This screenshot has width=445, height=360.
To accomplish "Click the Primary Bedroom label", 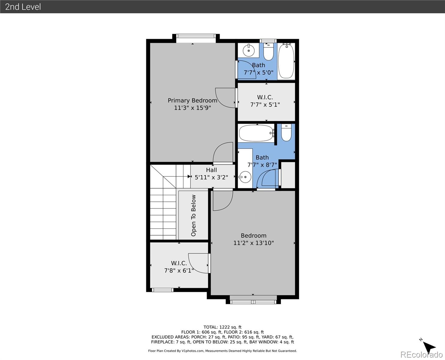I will click(x=192, y=100).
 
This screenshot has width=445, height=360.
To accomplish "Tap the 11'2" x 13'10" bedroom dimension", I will click(x=253, y=243).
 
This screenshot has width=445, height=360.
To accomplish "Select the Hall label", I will click(x=211, y=170).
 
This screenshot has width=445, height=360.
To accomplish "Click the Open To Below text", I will click(x=193, y=215).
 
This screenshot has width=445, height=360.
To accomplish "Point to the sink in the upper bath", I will click(x=248, y=50).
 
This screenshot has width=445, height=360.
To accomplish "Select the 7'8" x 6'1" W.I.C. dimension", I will click(x=179, y=271).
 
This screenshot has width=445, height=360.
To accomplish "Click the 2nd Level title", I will click(x=23, y=7).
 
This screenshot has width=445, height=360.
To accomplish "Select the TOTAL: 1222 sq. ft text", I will click(x=222, y=327).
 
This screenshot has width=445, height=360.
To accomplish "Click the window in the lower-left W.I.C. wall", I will click(x=162, y=290).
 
